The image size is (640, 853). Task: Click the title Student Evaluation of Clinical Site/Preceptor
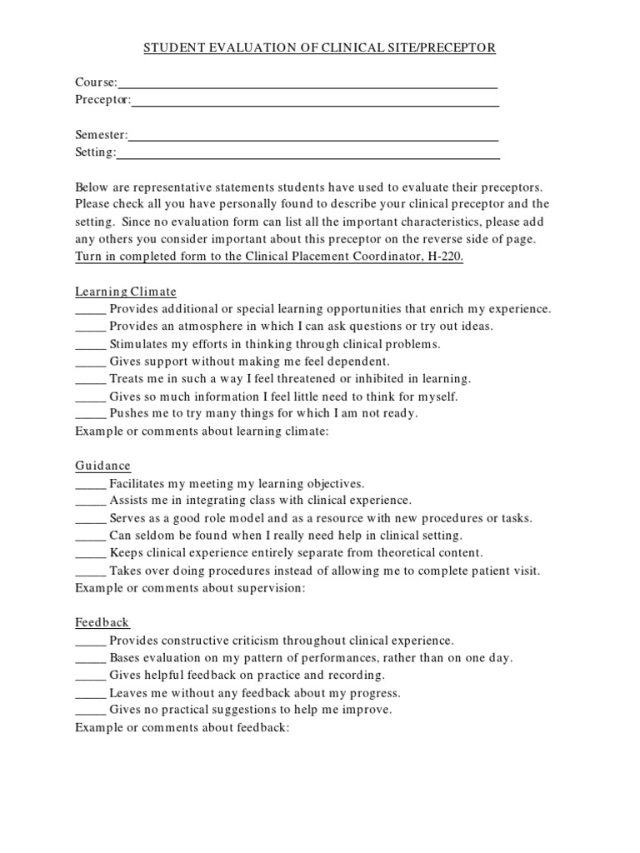(x=320, y=48)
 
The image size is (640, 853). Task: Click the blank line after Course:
(x=307, y=84)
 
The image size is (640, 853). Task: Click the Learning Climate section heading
(x=126, y=292)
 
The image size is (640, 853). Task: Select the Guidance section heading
(x=102, y=466)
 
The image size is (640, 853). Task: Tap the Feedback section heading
(x=102, y=622)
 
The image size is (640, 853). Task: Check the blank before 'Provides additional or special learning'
(x=91, y=311)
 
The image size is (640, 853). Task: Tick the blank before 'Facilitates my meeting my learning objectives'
(x=91, y=485)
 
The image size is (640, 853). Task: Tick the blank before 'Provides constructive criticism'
(x=91, y=642)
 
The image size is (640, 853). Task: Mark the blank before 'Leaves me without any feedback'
(x=91, y=694)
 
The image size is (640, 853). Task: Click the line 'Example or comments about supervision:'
(x=191, y=588)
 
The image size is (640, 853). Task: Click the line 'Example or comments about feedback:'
(x=182, y=727)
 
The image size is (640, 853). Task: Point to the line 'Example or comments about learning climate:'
(x=202, y=431)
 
